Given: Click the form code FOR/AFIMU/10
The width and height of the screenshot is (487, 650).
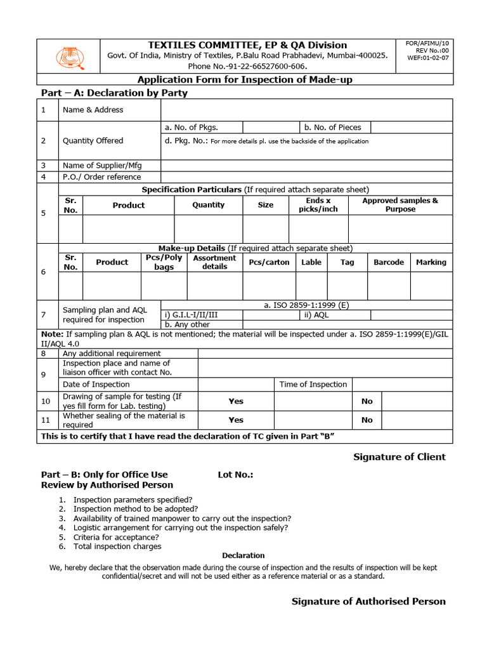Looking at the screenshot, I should (x=430, y=43).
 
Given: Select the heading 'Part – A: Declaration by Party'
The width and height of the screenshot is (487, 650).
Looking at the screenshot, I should (x=114, y=93).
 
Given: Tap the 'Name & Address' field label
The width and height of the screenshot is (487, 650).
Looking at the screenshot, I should (x=93, y=110).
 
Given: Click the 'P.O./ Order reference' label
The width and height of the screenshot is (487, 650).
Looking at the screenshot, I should (x=101, y=177).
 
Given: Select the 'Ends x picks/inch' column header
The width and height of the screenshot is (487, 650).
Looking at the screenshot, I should (x=318, y=204).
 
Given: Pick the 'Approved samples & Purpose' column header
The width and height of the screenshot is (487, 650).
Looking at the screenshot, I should (x=399, y=204).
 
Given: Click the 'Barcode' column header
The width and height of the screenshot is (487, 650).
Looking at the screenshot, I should (x=389, y=262).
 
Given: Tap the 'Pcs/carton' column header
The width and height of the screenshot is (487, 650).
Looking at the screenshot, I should (x=269, y=262).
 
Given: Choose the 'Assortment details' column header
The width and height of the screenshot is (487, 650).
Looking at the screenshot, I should (x=214, y=262).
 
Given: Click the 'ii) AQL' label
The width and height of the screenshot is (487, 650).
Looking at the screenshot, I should (x=316, y=315).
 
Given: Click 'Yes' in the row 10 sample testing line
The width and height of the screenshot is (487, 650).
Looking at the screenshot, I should (x=236, y=401).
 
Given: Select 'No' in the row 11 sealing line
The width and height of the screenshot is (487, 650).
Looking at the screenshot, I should (x=367, y=420).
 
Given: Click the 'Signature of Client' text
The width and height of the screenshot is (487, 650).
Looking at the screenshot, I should (x=399, y=457).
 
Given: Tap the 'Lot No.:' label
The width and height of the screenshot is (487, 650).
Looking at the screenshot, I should (x=235, y=474).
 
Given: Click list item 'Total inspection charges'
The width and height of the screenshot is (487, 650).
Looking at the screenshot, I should (x=117, y=546).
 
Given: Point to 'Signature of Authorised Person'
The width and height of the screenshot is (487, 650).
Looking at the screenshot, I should (x=368, y=601).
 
